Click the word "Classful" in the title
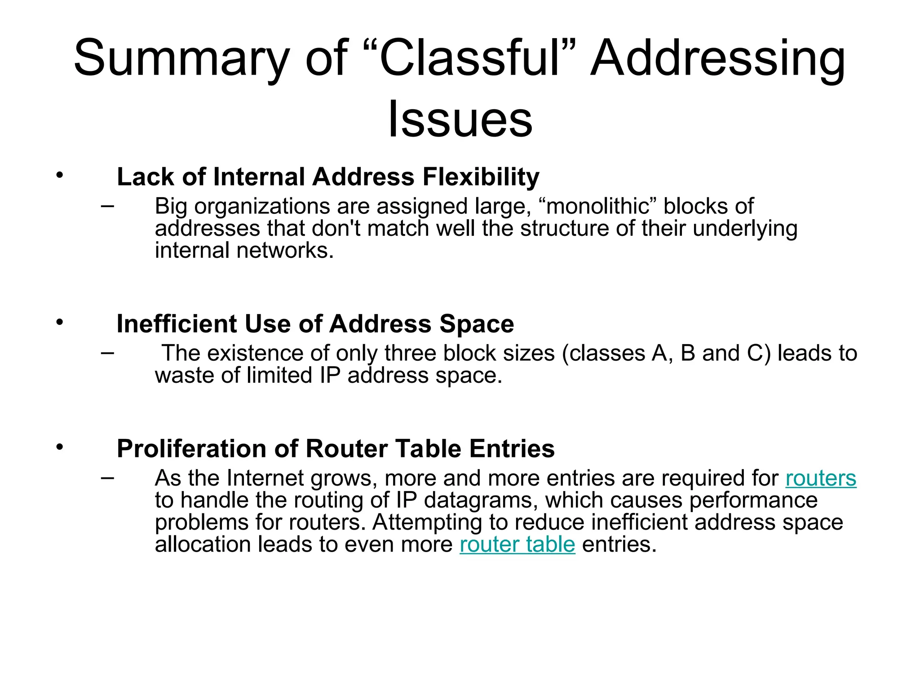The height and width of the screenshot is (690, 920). [x=469, y=58]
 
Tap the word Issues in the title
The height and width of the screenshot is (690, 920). [x=460, y=119]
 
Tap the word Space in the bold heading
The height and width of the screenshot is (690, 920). [x=477, y=324]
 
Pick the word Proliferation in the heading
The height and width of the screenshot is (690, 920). [x=207, y=448]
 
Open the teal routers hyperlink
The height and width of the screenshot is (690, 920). [x=821, y=478]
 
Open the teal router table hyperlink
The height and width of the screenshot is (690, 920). [x=517, y=544]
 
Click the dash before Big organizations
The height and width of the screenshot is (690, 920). [x=107, y=206]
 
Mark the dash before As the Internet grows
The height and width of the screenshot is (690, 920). [x=107, y=478]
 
